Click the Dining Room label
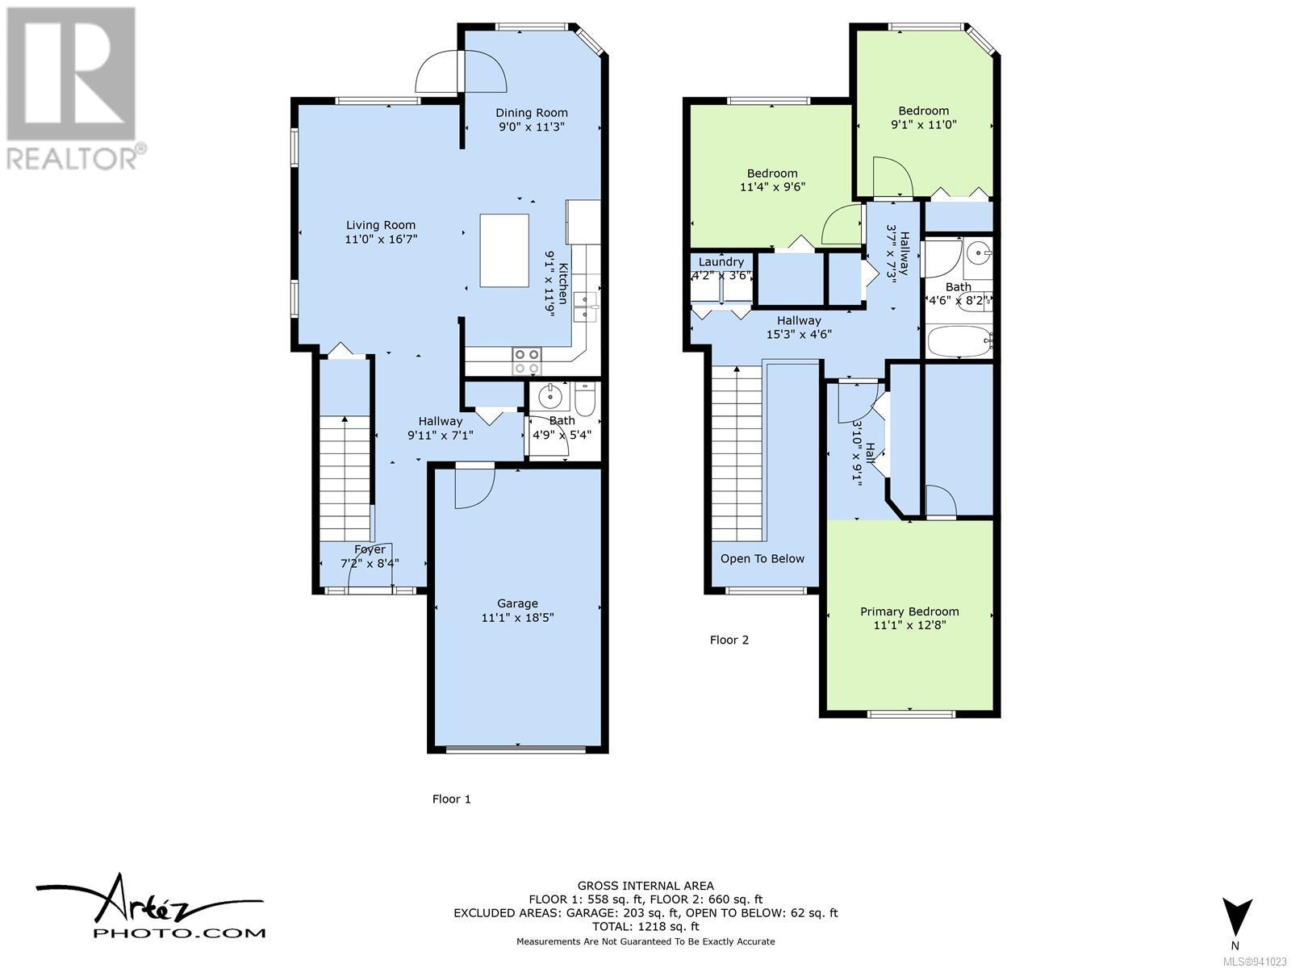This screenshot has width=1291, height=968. tap(531, 113)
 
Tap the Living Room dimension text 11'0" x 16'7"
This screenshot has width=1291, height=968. tap(381, 240)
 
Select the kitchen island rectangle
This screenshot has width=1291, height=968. tap(504, 250)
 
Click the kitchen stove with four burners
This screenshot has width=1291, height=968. tap(526, 361)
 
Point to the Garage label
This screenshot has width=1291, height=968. tap(517, 603)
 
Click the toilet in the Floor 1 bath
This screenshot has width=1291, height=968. tap(586, 398)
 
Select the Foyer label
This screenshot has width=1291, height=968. tap(370, 549)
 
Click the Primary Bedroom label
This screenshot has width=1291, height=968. tap(909, 611)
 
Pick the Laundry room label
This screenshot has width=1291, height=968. tap(721, 262)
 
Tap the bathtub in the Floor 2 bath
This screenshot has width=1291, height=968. tap(959, 341)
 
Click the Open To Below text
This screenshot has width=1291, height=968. tap(762, 559)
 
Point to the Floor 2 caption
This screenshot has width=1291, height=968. tap(729, 640)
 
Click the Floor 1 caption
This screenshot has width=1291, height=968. tap(451, 799)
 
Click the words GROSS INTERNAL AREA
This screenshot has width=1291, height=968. tap(645, 886)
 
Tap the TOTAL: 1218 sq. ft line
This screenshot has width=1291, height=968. tap(645, 927)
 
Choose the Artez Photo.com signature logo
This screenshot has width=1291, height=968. tap(150, 909)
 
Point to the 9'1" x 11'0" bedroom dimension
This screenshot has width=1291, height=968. tap(923, 124)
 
